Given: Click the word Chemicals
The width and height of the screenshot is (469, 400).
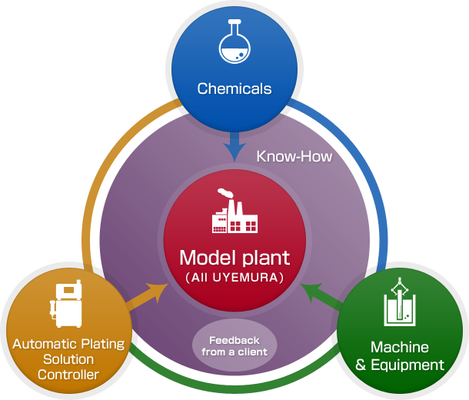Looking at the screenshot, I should click(x=234, y=88).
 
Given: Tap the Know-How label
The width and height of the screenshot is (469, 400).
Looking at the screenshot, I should click(x=294, y=156).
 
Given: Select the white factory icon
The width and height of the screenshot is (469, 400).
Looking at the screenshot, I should click(x=234, y=213).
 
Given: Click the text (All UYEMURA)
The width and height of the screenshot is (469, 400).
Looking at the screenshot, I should click(x=234, y=276).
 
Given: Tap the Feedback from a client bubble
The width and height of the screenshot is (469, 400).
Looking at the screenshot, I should click(x=234, y=346).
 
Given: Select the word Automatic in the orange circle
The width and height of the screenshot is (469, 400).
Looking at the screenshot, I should click(x=43, y=344).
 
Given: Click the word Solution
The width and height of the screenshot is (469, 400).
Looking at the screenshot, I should click(x=68, y=359).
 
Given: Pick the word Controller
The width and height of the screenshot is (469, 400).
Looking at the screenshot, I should click(x=68, y=375).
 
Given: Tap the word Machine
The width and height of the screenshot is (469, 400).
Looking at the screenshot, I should click(x=400, y=348).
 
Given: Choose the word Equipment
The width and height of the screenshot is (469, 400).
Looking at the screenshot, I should click(x=407, y=365).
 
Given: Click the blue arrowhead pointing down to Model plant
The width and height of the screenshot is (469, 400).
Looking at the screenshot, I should click(x=234, y=148).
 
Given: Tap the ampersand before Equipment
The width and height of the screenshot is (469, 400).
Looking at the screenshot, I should click(x=361, y=365).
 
